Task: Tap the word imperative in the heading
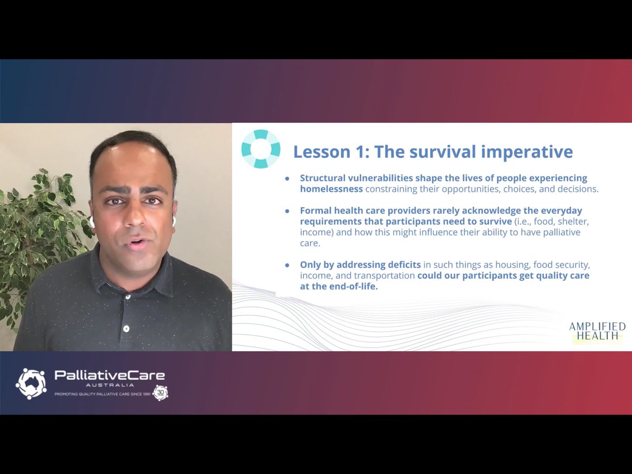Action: (x=527, y=153)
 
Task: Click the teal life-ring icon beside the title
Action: (x=261, y=149)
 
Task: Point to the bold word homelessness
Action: (x=331, y=189)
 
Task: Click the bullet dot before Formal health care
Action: (x=287, y=211)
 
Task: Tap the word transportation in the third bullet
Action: (x=384, y=275)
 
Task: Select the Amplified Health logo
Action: (x=597, y=332)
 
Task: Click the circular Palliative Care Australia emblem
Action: (x=31, y=383)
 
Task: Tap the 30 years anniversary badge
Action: (x=161, y=392)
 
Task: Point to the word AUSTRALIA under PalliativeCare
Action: (x=110, y=385)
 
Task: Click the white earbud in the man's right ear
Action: (x=92, y=222)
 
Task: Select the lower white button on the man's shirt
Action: (x=126, y=328)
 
